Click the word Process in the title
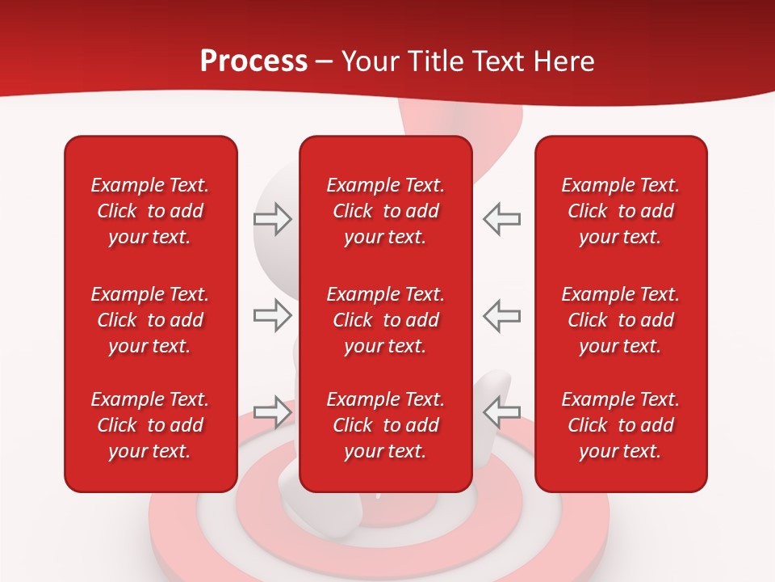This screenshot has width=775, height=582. point(253,61)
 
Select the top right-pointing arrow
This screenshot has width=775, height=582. point(273,219)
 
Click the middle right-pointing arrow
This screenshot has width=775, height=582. point(273,315)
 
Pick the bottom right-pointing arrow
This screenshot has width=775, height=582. point(273,412)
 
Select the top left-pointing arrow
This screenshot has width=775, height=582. point(501,219)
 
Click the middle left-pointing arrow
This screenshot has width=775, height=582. point(501,315)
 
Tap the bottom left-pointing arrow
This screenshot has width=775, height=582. point(501,412)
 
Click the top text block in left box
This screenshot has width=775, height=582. point(150,211)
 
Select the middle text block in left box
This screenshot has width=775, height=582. point(150,320)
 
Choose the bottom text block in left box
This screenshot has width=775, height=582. point(150,425)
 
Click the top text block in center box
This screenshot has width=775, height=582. point(385,211)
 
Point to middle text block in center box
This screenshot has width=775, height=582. point(385,320)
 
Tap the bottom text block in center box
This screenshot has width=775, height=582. point(385,425)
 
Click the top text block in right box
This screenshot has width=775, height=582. point(620,211)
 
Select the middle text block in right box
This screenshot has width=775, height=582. point(620,320)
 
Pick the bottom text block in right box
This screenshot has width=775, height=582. point(620,425)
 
